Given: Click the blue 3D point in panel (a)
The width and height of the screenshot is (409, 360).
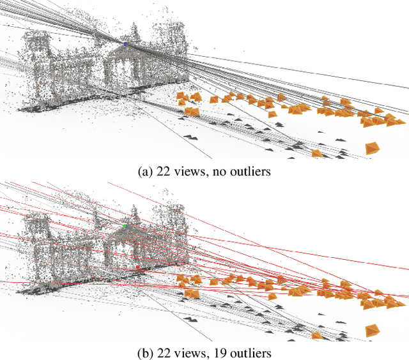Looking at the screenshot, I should tap(125, 44).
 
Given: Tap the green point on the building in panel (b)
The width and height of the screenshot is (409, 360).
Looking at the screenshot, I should tap(125, 225).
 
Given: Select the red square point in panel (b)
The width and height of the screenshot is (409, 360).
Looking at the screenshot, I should tap(137, 267).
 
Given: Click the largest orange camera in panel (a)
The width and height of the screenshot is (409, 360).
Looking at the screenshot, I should tap(372, 148).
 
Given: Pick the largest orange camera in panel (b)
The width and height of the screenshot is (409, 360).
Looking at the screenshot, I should tap(372, 331).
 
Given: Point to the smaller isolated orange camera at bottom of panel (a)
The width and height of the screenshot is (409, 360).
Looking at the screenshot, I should tap(316, 153).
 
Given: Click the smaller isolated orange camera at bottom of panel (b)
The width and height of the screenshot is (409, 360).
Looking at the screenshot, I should tap(316, 335).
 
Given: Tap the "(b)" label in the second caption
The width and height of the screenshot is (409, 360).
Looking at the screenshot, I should tap(144, 353).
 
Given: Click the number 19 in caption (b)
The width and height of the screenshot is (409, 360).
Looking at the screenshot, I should tap(216, 353).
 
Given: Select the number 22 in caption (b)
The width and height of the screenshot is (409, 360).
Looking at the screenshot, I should tap(162, 353).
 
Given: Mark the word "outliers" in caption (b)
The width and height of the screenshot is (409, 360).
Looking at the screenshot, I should tap(245, 353).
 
